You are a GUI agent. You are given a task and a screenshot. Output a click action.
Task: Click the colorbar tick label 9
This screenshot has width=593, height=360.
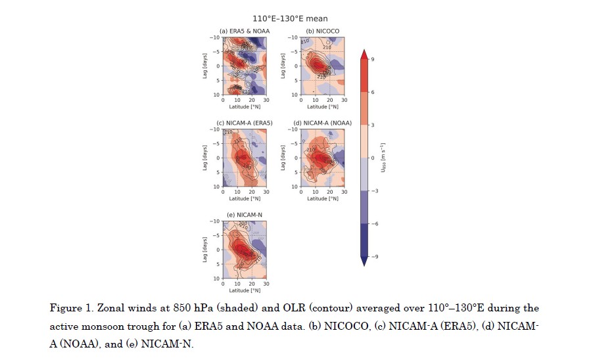click(373, 59)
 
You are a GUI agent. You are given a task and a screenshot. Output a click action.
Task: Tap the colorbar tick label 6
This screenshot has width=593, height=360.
click(373, 92)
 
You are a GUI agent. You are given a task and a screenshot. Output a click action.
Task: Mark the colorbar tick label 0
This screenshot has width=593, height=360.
click(373, 158)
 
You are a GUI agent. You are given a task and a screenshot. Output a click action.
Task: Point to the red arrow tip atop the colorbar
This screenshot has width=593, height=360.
click(364, 54)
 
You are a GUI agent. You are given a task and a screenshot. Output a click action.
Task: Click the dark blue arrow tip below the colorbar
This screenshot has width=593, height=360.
click(364, 261)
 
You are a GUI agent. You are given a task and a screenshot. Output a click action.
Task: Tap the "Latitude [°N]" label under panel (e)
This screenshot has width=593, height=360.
click(244, 290)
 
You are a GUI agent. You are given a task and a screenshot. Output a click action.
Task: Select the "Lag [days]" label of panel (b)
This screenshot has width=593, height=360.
click(284, 66)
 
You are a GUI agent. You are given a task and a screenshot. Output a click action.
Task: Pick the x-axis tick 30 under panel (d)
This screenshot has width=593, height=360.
click(345, 192)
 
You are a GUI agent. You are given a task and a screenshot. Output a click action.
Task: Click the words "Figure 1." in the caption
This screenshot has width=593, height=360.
click(69, 308)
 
